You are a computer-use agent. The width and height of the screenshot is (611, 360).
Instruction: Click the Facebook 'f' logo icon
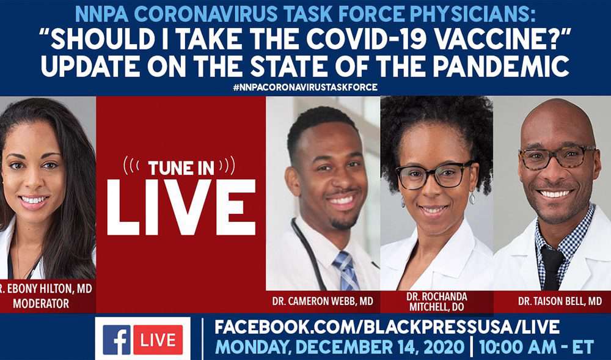coord(117,339)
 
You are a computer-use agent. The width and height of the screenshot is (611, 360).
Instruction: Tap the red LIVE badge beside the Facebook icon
coord(158,339)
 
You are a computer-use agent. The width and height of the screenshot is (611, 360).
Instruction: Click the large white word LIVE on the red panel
coord(181,207)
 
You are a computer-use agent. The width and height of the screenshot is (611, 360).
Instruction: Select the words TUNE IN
coord(181,168)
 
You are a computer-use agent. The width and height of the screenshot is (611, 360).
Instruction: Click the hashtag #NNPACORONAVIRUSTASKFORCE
coord(305,87)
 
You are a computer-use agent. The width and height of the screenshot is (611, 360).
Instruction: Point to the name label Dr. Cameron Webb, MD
coord(323,301)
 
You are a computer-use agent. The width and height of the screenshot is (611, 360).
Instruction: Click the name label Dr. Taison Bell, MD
coord(560,301)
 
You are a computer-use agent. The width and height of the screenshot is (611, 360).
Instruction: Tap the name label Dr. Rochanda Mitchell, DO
coord(436,301)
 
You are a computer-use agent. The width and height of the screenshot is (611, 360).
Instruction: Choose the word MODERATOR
coord(41,304)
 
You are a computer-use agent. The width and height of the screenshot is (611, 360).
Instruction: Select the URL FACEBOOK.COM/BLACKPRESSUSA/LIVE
coord(387,327)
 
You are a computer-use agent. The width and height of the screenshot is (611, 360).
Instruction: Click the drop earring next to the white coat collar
coord(472,198)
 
